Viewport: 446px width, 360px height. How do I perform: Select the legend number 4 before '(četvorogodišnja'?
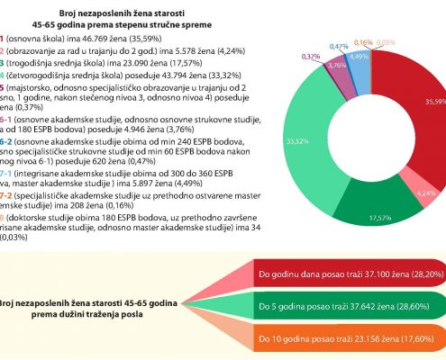[x=2, y=75]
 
